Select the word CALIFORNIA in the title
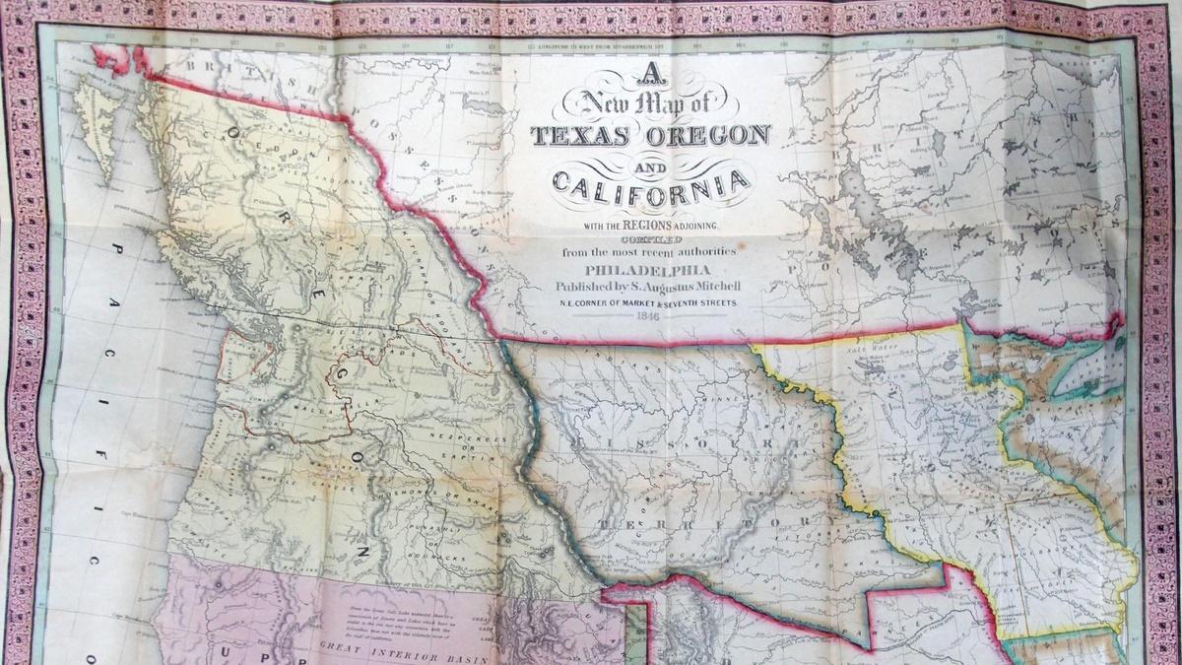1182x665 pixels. [x=650, y=181]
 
